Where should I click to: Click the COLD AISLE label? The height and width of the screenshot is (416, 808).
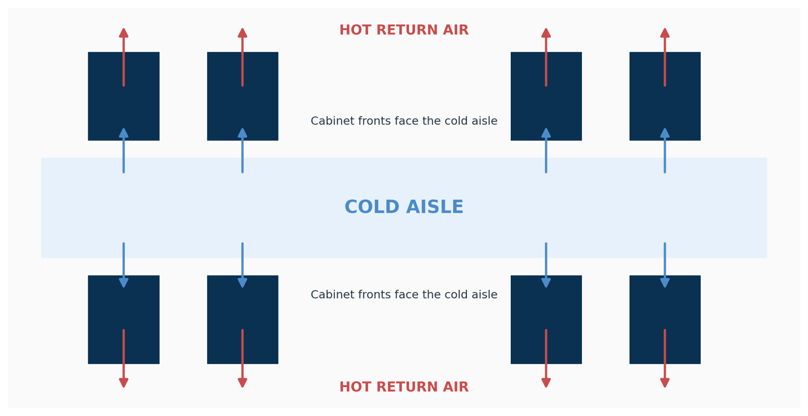coord(404,207)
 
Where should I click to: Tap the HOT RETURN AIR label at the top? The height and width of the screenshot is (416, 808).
coord(404,30)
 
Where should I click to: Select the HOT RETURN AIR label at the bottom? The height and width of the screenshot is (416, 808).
coord(404,387)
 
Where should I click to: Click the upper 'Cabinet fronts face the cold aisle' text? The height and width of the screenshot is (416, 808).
coord(404,121)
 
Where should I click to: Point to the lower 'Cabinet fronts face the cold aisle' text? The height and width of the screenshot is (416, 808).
coord(404,295)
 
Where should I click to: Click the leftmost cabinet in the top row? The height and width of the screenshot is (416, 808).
coord(124,96)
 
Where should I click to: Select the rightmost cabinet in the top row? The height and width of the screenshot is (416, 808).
coord(665,96)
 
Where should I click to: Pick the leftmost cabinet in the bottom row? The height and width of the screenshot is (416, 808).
coord(124,320)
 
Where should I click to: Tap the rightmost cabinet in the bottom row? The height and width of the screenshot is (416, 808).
coord(665,320)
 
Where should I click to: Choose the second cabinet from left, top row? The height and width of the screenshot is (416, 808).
coord(243,96)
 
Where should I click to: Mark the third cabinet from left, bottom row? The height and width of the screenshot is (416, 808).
coord(546,320)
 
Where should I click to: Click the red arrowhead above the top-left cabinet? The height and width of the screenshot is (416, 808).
coord(124,33)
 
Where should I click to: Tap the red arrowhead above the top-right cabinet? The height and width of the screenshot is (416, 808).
coord(665,33)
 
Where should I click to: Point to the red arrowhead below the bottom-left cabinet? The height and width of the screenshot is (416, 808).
coord(124,383)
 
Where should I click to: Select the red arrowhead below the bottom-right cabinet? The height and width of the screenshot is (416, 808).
coord(665,383)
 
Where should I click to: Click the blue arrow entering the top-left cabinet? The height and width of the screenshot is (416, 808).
coord(124,151)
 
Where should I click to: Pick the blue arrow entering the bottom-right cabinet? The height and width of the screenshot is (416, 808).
coord(665,265)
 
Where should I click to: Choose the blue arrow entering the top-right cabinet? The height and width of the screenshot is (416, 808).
coord(665,151)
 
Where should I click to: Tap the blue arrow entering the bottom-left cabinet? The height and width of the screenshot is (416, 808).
coord(124,265)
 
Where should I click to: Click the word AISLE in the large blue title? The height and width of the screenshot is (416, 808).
coord(434,207)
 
